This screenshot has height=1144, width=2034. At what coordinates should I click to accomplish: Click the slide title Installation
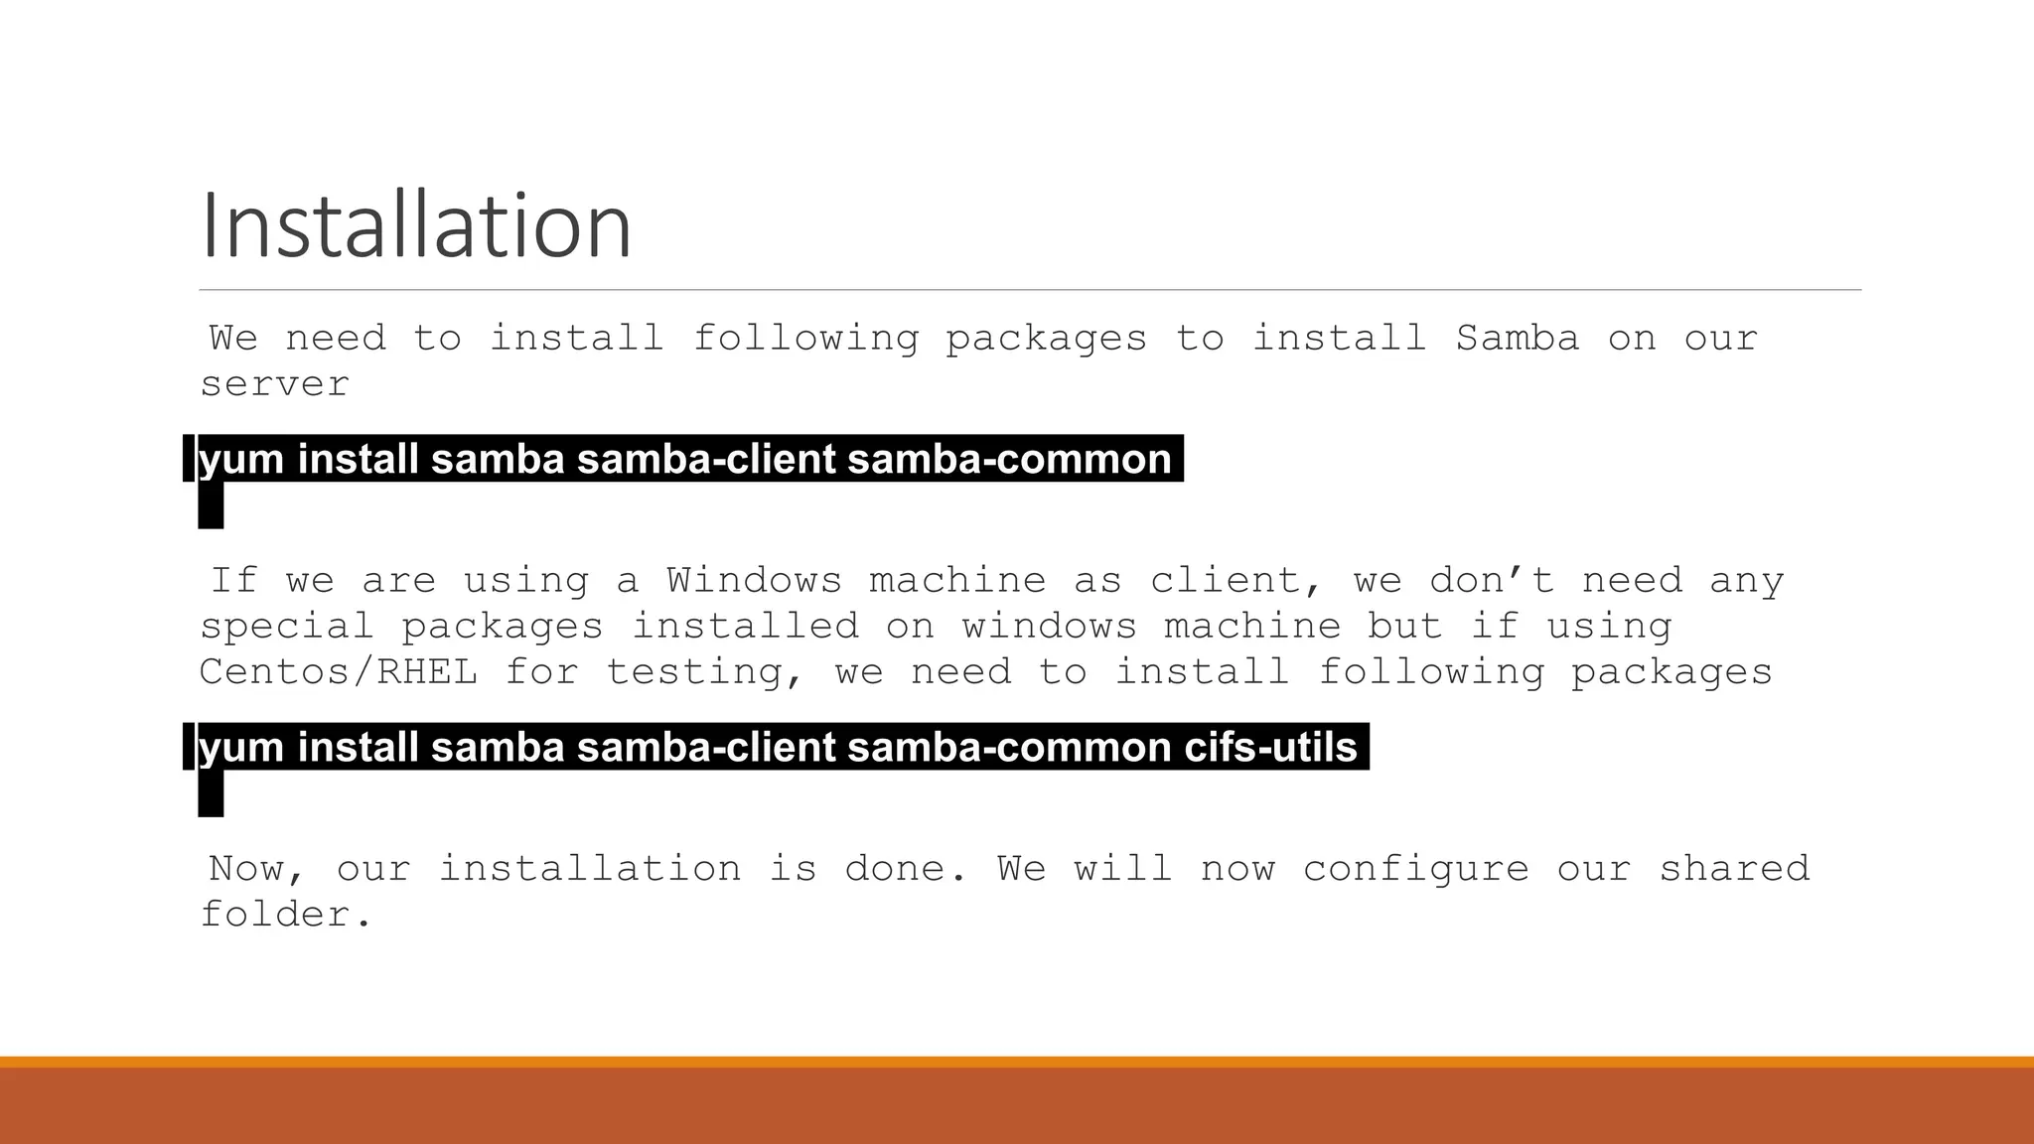point(415,226)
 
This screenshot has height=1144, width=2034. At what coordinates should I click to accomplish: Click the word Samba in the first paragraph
point(1517,339)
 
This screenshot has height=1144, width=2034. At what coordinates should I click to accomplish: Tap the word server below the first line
point(275,385)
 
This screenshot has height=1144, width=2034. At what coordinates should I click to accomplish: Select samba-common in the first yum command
point(1009,460)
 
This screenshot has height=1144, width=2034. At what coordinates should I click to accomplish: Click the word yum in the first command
point(241,460)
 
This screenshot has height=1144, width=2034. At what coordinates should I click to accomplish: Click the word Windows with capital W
point(754,580)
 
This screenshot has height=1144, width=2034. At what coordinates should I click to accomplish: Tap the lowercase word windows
point(1049,627)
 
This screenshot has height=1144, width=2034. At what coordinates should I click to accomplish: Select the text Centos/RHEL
point(339,672)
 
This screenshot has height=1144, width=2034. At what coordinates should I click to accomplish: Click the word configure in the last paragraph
point(1415,869)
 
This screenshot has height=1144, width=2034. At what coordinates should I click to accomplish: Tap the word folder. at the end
point(286,915)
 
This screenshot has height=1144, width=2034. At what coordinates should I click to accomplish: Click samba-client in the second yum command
point(706,747)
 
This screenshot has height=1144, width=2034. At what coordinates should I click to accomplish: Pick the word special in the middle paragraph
point(287,627)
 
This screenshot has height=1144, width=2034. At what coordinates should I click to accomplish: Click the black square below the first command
point(211,505)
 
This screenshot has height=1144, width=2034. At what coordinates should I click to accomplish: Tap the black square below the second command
point(211,793)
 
